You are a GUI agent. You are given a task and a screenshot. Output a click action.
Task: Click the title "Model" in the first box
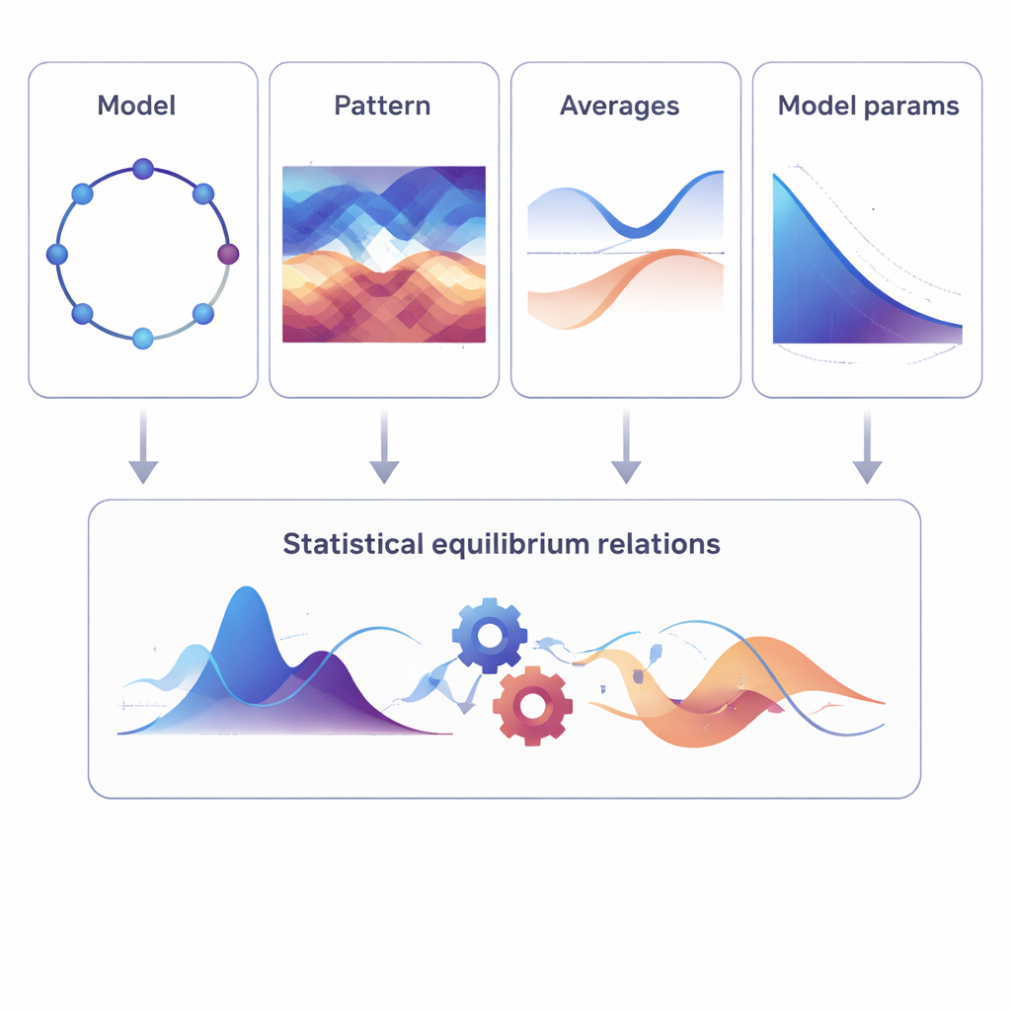click(x=136, y=106)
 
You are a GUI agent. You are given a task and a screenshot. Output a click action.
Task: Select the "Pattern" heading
click(x=382, y=106)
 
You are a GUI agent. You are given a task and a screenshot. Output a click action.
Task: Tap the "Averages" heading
click(x=619, y=106)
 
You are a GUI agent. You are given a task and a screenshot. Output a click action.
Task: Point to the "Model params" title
click(x=868, y=107)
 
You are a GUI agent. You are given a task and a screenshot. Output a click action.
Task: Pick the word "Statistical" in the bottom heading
click(x=353, y=544)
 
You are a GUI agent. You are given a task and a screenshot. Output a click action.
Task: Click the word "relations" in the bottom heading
click(x=665, y=544)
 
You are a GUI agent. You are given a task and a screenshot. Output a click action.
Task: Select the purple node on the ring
click(x=228, y=255)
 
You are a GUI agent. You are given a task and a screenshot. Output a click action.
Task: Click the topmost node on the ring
click(x=143, y=169)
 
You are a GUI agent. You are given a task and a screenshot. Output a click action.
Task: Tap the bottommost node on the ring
click(x=143, y=339)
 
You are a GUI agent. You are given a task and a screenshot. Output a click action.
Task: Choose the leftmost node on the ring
click(x=57, y=255)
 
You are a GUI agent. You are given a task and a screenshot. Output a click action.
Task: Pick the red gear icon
click(x=532, y=705)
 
